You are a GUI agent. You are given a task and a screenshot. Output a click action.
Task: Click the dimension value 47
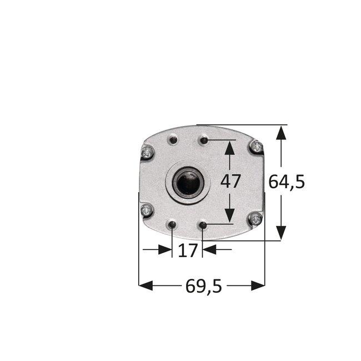[230, 182]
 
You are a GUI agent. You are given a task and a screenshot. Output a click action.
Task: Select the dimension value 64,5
[286, 182]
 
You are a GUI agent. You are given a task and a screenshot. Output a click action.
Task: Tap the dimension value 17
[188, 250]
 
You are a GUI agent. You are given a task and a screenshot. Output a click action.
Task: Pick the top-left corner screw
[147, 151]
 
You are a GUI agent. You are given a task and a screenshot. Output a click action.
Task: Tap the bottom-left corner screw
[146, 209]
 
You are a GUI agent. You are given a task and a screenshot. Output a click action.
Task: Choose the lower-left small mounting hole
[173, 225]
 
